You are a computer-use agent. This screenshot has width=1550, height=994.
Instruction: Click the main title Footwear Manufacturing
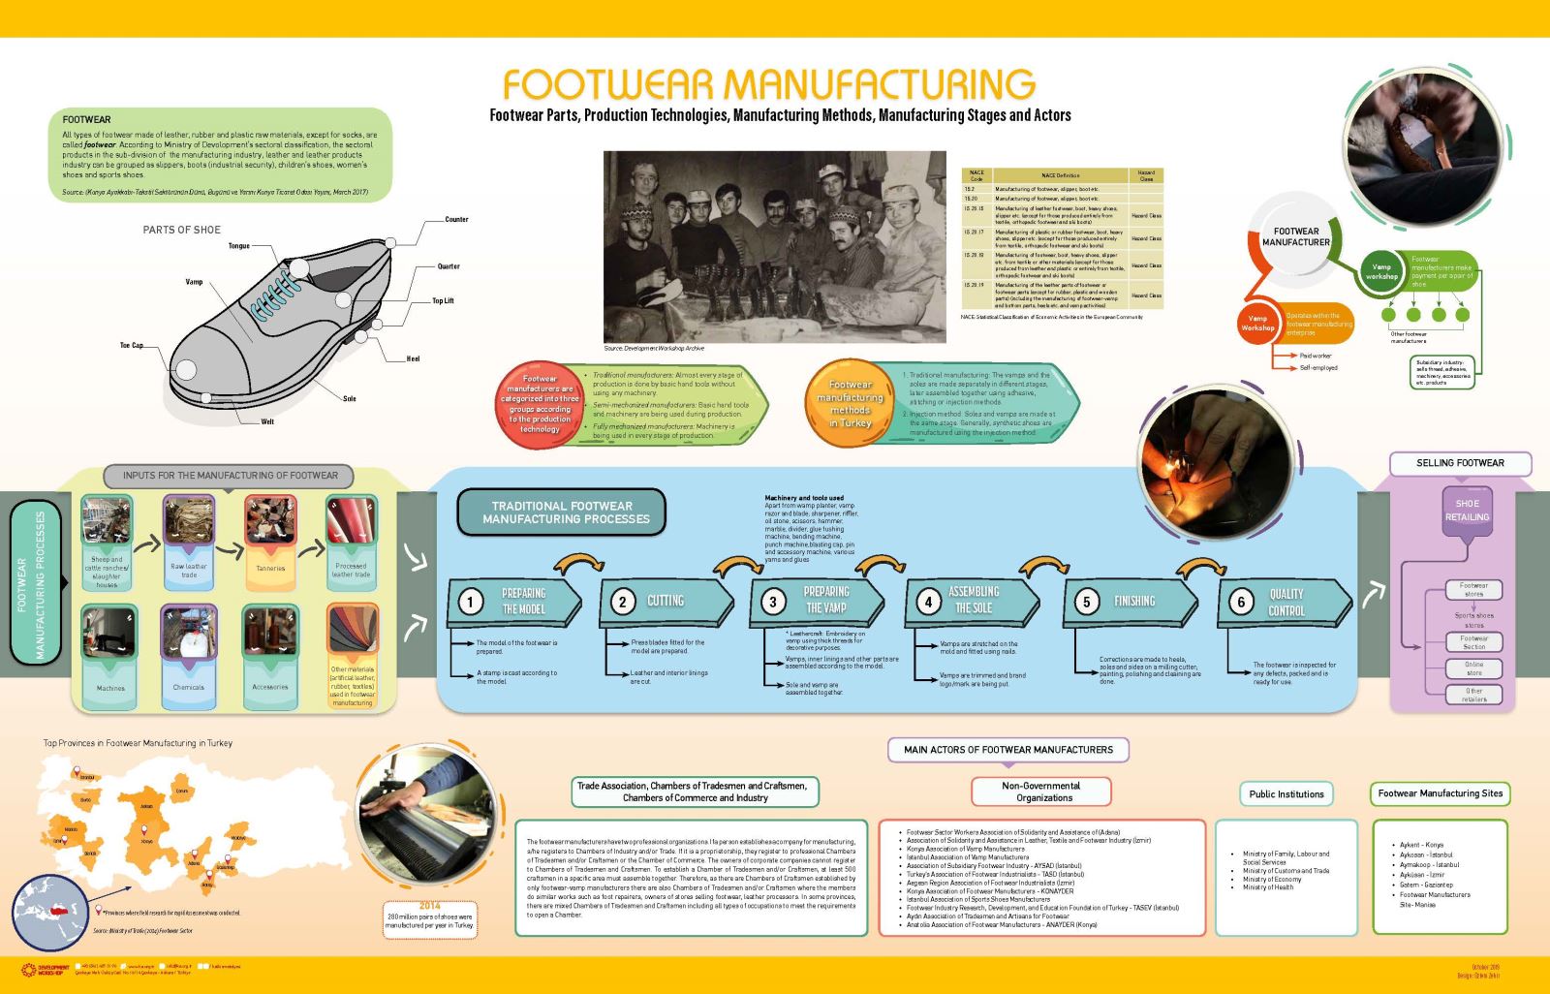768,84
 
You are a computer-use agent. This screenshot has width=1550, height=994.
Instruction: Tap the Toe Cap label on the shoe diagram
131,346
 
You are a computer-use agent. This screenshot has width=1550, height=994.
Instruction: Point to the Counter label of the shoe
456,220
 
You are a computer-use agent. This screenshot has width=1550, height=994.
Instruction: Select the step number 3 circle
773,602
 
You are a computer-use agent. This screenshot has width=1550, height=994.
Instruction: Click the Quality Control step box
1285,602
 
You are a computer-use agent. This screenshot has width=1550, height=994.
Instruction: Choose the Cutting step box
666,602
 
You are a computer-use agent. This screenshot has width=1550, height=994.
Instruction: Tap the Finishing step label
1133,602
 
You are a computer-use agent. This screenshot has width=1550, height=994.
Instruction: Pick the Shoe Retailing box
1467,511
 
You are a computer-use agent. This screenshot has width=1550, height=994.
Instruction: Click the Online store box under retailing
1473,668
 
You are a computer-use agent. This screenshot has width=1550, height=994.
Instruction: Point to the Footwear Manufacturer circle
1295,237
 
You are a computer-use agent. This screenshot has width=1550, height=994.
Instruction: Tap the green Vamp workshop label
1381,271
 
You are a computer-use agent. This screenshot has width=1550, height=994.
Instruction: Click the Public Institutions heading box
1286,794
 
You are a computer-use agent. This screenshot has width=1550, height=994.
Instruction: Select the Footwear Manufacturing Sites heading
1440,793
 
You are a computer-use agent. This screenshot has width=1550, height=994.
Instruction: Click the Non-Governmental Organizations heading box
1040,792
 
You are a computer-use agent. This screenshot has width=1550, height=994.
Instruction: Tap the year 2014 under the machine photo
429,906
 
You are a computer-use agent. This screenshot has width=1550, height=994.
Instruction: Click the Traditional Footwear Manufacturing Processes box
561,513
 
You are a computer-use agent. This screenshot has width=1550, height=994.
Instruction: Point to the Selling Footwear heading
1460,463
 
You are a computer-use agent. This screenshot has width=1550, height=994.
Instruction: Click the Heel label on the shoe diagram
414,359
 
